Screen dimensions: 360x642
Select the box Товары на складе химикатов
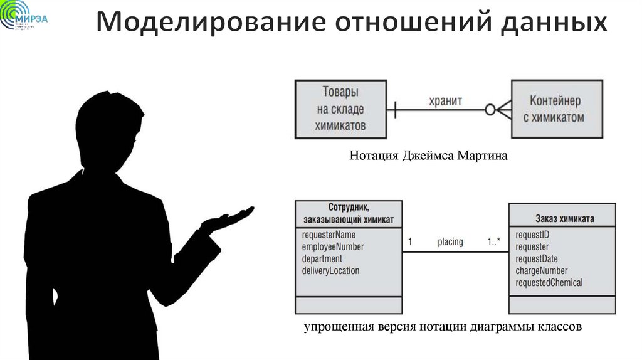(x=340, y=109)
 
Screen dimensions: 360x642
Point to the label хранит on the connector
(x=445, y=100)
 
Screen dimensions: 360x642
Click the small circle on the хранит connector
(x=490, y=109)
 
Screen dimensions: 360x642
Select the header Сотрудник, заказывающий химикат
(x=348, y=213)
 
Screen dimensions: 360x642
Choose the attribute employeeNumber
(x=333, y=246)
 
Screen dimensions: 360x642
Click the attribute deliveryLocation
(x=331, y=270)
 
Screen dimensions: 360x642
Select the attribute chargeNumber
(x=541, y=270)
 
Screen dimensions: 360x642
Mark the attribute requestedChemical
(x=549, y=282)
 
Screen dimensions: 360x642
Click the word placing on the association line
(x=450, y=241)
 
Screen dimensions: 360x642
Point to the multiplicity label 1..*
(x=493, y=241)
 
